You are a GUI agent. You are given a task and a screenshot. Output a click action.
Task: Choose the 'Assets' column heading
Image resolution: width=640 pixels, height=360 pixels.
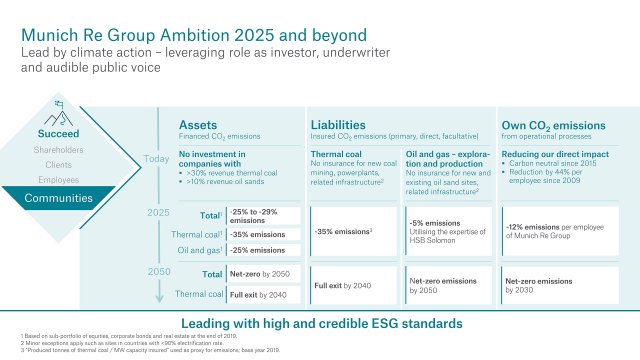point(198,124)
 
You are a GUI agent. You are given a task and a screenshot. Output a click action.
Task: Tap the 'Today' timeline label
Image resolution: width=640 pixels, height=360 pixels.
point(157,158)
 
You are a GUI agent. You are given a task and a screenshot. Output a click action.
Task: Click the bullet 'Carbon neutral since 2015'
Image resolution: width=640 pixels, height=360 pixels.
point(557,172)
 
